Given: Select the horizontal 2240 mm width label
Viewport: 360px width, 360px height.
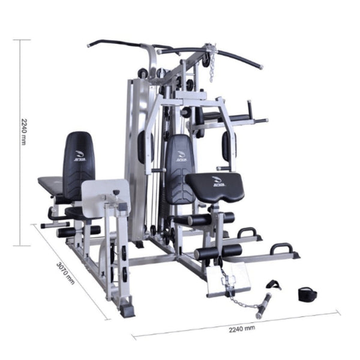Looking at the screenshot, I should click(x=242, y=328).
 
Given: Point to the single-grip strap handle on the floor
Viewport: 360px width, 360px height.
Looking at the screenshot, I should click(x=274, y=284).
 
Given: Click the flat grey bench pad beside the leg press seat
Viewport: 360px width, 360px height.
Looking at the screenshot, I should click(x=52, y=187).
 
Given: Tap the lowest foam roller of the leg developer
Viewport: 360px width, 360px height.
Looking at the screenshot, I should click(x=218, y=251).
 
